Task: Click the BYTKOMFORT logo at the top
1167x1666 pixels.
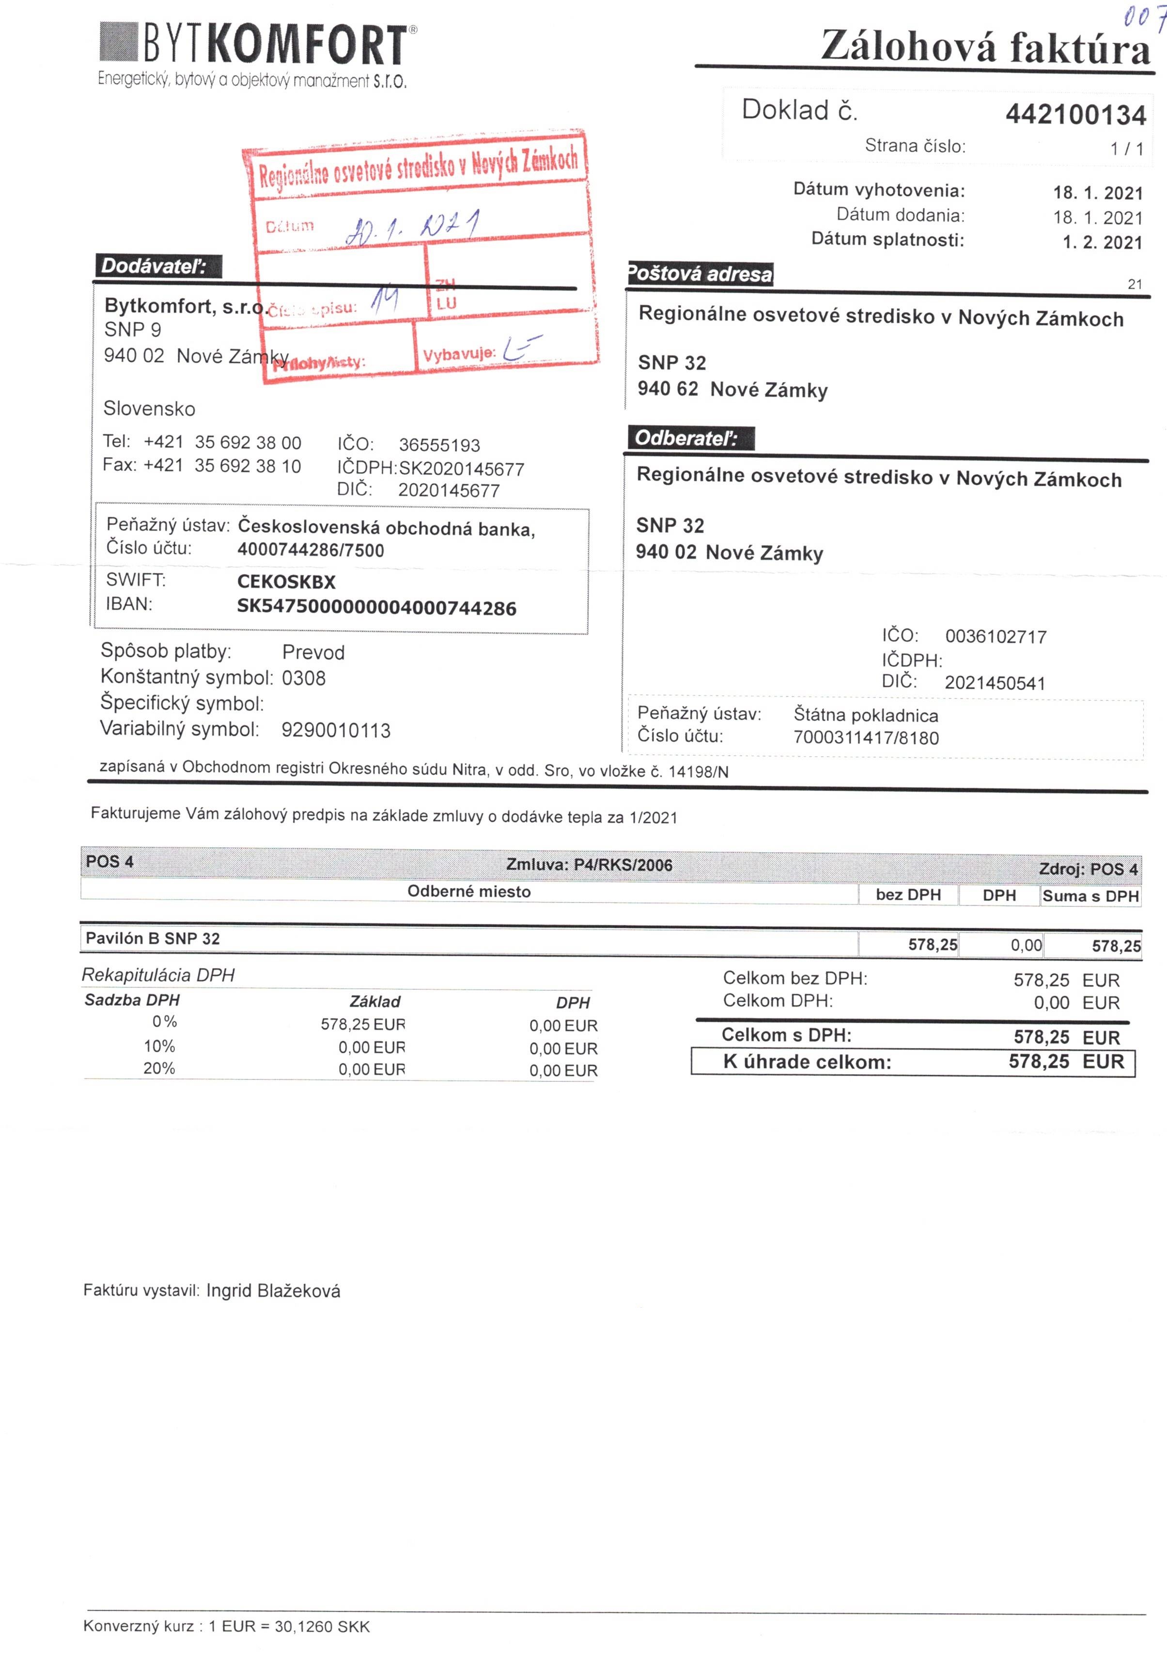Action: tap(258, 45)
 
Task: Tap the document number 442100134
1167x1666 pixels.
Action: tap(1075, 115)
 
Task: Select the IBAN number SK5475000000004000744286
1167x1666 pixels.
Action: tap(376, 607)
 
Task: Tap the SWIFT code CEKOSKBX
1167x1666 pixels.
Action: tap(286, 581)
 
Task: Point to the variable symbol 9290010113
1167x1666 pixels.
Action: tap(336, 730)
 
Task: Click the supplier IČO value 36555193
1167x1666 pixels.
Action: tap(439, 445)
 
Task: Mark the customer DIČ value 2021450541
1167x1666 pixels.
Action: tap(995, 683)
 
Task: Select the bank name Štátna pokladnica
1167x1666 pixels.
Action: tap(865, 715)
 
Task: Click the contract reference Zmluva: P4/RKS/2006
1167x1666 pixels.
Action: tap(589, 864)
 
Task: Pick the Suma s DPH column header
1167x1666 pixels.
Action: tap(1089, 896)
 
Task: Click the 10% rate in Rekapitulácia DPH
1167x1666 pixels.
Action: tap(159, 1046)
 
